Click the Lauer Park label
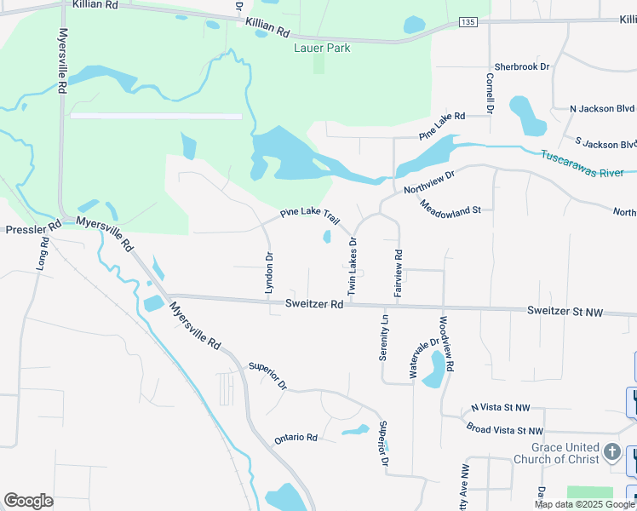tap(322, 49)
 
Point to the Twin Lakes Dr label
tap(351, 267)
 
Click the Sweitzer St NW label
tap(565, 313)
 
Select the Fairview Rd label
tap(398, 273)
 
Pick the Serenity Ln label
tap(384, 337)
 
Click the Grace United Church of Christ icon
tap(612, 452)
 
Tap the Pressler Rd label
tap(31, 229)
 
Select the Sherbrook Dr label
tap(522, 66)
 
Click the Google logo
tap(28, 501)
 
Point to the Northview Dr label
tap(430, 180)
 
